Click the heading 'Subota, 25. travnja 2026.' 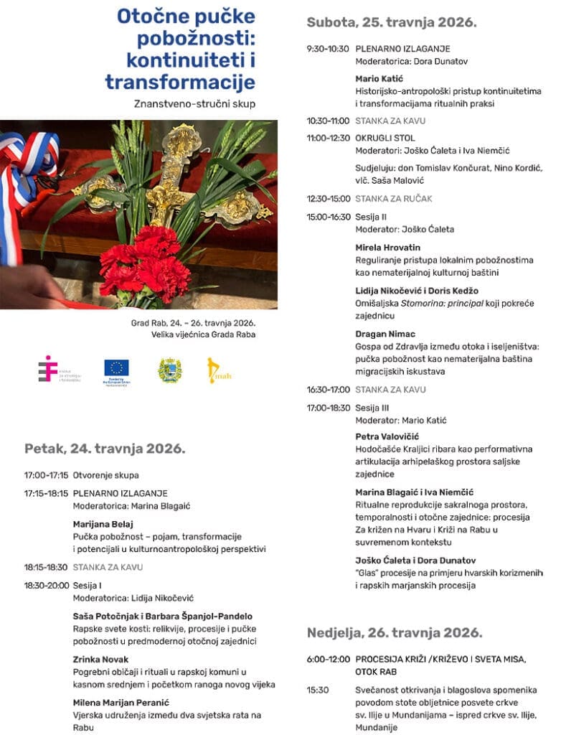[x=391, y=22]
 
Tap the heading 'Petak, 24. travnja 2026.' [x=105, y=449]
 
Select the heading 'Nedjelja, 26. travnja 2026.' [x=395, y=632]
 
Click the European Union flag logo [x=116, y=370]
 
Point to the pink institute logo [x=48, y=368]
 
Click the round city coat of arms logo [x=169, y=370]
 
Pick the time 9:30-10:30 [x=328, y=49]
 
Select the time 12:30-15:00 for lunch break [x=328, y=199]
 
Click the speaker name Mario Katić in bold [x=379, y=79]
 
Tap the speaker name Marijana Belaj [x=103, y=524]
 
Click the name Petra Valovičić [x=387, y=436]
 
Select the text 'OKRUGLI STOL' [x=385, y=138]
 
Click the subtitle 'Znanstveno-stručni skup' [x=194, y=103]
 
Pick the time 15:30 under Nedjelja [x=318, y=690]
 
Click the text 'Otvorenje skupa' [x=106, y=475]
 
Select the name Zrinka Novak [x=100, y=659]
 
